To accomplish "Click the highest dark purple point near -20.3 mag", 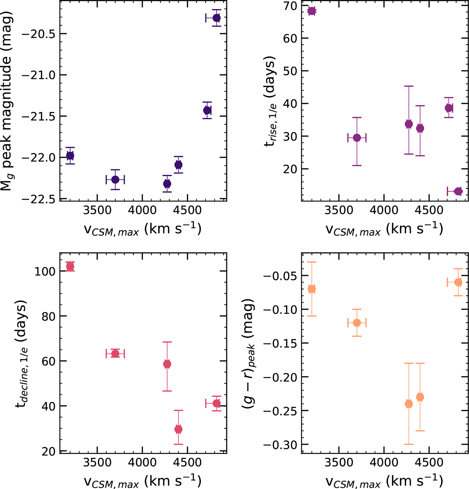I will (x=216, y=18).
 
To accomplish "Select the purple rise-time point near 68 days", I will (x=311, y=11).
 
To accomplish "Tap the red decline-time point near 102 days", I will (x=70, y=267).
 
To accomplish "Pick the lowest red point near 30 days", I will (x=178, y=429).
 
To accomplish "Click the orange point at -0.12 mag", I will (x=357, y=323).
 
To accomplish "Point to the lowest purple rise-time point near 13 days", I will (x=458, y=192).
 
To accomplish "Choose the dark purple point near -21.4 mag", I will (x=207, y=110).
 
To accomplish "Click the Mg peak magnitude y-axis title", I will (x=9, y=101).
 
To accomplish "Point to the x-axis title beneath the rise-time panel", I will (x=385, y=229).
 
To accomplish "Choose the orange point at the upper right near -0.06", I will (x=458, y=282).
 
